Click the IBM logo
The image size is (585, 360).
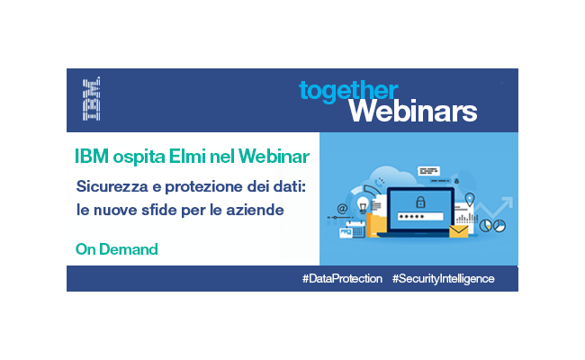(x=92, y=99)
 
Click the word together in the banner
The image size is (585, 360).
(x=348, y=91)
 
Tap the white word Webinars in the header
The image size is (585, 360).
(x=413, y=111)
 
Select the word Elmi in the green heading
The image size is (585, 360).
(x=187, y=156)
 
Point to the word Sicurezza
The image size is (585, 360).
(x=112, y=186)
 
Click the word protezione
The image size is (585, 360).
(x=203, y=187)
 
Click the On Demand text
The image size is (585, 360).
(x=117, y=249)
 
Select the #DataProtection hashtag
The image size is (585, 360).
(x=342, y=278)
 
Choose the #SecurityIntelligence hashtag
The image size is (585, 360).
(x=443, y=279)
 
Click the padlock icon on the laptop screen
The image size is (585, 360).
(x=420, y=202)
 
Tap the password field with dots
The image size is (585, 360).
(x=420, y=216)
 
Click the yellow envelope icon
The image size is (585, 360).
(x=458, y=231)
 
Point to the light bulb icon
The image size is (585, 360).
(x=363, y=205)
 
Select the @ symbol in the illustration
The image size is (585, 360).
(x=342, y=208)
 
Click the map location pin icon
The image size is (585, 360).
(x=470, y=199)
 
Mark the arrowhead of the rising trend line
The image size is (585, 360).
(x=508, y=202)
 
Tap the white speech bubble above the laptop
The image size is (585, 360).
(x=428, y=171)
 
